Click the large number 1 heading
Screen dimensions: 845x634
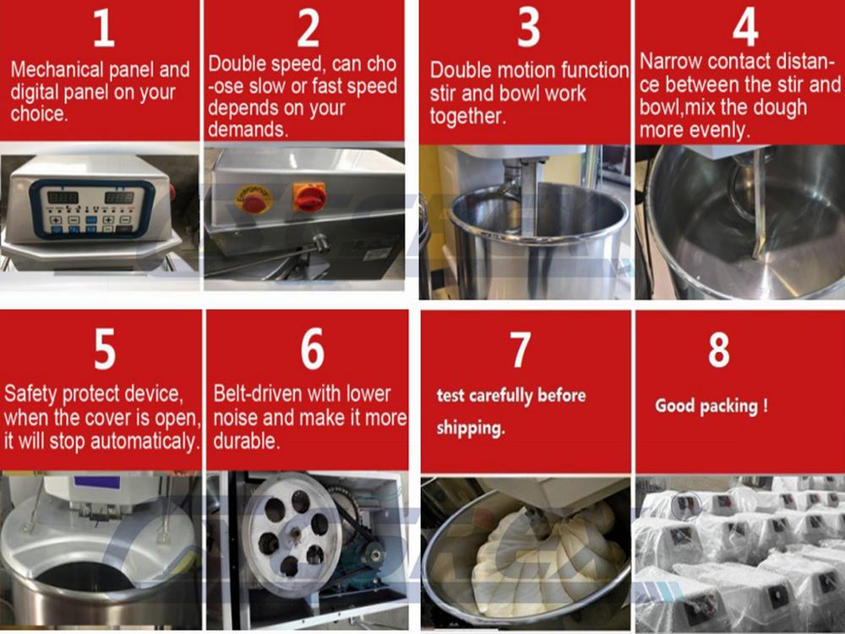click(x=103, y=28)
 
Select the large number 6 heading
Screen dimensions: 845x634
click(x=312, y=349)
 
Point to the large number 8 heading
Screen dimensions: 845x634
click(x=719, y=349)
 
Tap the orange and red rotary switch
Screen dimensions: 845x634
click(x=309, y=197)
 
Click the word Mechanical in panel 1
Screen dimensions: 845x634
click(x=57, y=69)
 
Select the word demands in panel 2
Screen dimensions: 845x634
click(x=248, y=129)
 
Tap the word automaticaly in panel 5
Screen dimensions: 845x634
click(x=144, y=441)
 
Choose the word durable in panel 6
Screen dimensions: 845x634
click(x=246, y=441)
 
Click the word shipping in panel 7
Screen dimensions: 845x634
click(x=471, y=428)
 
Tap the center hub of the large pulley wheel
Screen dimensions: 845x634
click(x=295, y=533)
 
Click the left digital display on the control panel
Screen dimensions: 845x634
click(x=63, y=197)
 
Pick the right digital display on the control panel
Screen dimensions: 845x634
click(x=119, y=197)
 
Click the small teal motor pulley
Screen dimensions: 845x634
click(x=372, y=554)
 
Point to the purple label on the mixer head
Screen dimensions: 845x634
click(x=96, y=482)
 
